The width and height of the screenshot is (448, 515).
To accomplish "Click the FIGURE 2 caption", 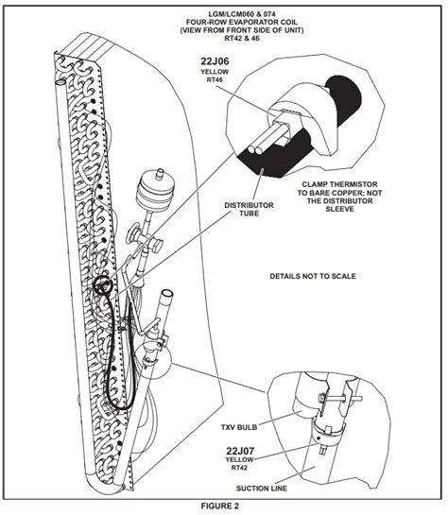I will point(224,506).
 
